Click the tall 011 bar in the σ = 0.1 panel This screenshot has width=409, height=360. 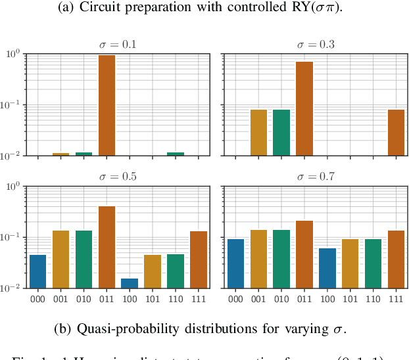[107, 105]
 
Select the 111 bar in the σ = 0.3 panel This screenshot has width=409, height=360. [397, 133]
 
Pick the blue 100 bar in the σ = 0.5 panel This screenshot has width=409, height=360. [130, 283]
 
